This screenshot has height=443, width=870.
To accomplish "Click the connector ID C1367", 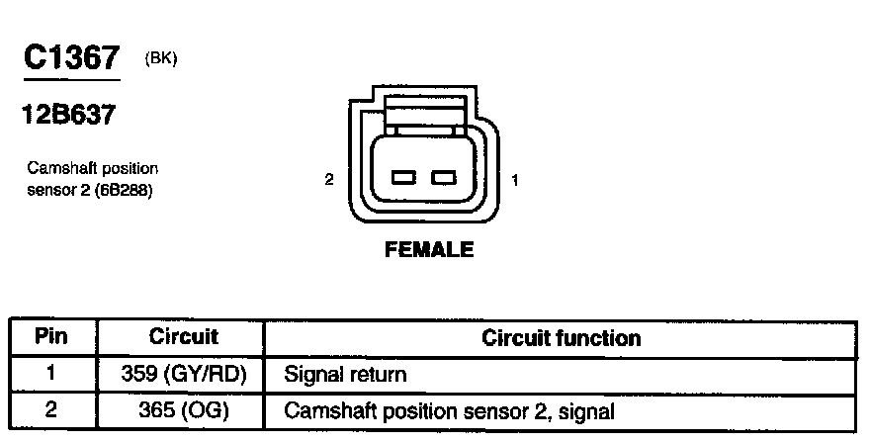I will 71,58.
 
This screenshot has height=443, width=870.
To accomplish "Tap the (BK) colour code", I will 160,58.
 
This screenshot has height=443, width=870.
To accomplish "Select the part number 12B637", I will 67,115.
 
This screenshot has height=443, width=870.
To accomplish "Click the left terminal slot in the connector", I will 403,178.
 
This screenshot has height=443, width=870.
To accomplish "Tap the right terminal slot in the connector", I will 444,178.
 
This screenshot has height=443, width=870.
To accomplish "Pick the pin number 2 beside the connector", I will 329,180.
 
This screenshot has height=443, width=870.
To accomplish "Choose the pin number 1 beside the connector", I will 515,180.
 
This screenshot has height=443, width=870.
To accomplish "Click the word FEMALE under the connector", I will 428,250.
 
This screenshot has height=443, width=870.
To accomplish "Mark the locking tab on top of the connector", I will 422,114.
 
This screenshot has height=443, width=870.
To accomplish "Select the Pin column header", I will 50,336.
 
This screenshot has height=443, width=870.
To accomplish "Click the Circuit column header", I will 183,336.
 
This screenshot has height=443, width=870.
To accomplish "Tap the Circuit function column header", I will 561,338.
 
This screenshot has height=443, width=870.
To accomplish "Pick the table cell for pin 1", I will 50,375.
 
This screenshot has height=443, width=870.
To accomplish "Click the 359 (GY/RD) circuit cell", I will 183,375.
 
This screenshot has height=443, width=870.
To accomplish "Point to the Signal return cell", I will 345,376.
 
